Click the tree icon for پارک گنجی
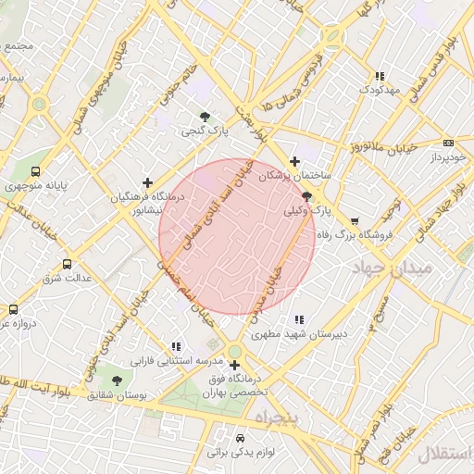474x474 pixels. click(x=205, y=117)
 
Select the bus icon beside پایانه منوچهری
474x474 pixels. click(x=36, y=171)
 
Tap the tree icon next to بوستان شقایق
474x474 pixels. click(x=116, y=380)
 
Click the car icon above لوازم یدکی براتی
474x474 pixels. click(x=241, y=437)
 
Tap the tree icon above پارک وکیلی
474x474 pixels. click(x=306, y=195)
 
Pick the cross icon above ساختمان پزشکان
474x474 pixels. click(x=295, y=161)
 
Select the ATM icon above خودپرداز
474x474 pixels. click(x=449, y=143)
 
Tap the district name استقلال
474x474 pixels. click(x=444, y=453)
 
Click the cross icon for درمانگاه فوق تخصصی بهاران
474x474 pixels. click(x=234, y=365)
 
